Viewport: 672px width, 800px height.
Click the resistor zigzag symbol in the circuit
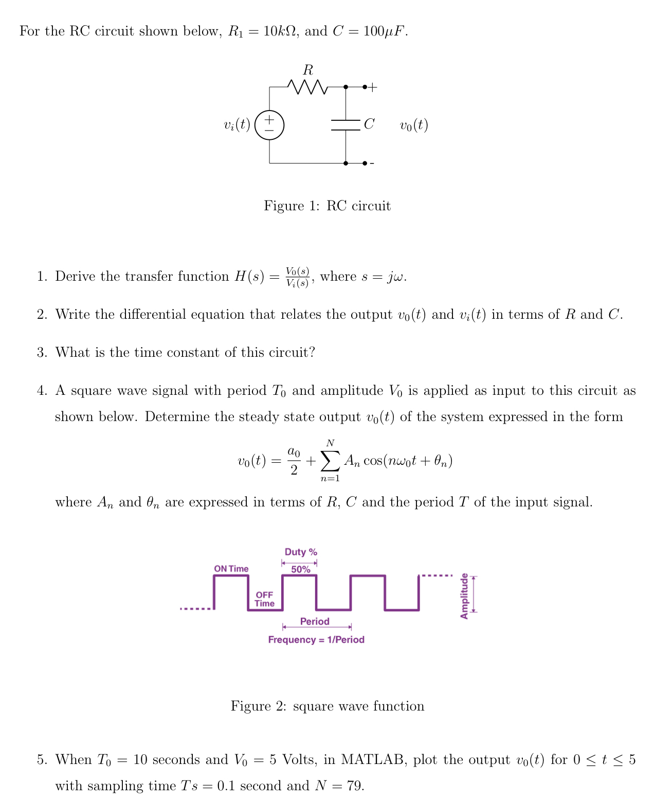(x=307, y=87)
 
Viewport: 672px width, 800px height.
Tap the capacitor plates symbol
(x=346, y=125)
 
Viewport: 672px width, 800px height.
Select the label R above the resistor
(x=308, y=70)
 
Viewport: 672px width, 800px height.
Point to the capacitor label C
(x=369, y=124)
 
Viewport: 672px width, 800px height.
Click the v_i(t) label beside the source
(x=237, y=125)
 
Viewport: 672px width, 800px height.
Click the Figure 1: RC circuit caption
(x=327, y=206)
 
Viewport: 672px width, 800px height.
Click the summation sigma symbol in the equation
(x=330, y=461)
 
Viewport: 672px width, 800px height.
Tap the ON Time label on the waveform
(x=231, y=569)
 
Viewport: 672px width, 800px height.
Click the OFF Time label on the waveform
(x=264, y=599)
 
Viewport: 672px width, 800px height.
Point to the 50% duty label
(x=301, y=570)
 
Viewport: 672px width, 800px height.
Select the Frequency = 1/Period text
(x=316, y=640)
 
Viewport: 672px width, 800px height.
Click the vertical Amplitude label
(x=464, y=596)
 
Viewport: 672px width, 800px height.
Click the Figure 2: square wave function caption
(x=328, y=706)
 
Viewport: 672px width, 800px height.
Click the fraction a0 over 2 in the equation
(x=294, y=461)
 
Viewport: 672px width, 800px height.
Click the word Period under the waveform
(x=315, y=622)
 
